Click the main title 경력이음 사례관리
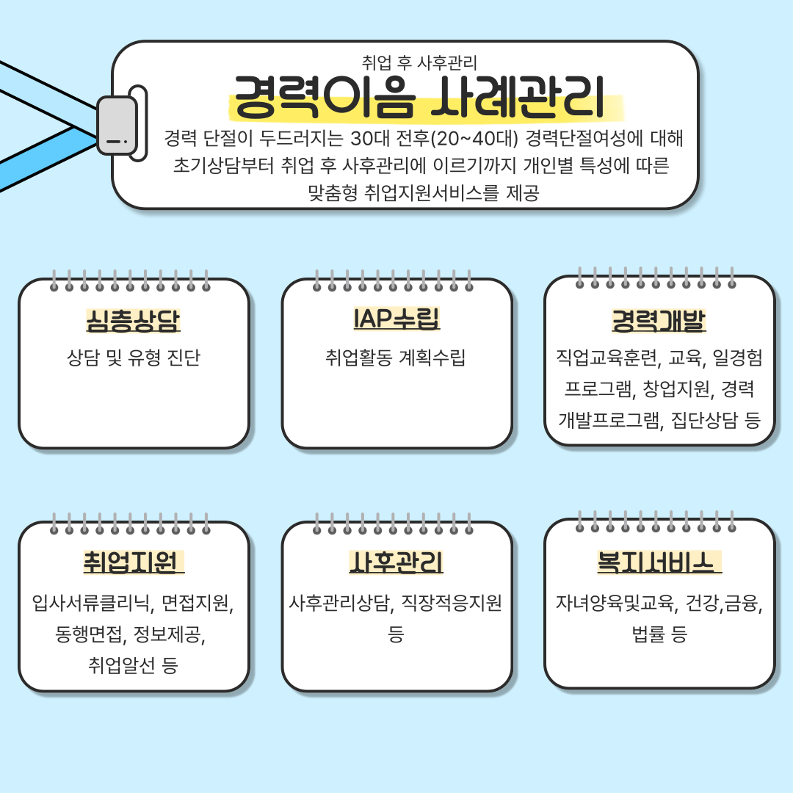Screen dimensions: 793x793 point(419,97)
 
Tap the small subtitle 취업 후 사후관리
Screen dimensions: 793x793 point(419,62)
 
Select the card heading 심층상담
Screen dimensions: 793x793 point(134,321)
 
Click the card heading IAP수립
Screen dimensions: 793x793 point(396,319)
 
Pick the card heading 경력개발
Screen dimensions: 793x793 point(659,321)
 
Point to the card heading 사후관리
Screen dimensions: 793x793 point(396,562)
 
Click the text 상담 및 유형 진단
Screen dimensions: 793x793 point(134,358)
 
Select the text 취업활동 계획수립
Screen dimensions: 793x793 point(396,358)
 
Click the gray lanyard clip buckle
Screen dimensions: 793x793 point(117,126)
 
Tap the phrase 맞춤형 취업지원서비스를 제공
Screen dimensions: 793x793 point(424,192)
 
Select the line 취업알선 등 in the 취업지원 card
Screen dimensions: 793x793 point(133,665)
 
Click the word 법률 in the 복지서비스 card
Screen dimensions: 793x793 point(649,634)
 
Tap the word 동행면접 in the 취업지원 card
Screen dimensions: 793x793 point(89,634)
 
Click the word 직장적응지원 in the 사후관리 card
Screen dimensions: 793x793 point(451,603)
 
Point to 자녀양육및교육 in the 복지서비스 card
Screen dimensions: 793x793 point(615,603)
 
